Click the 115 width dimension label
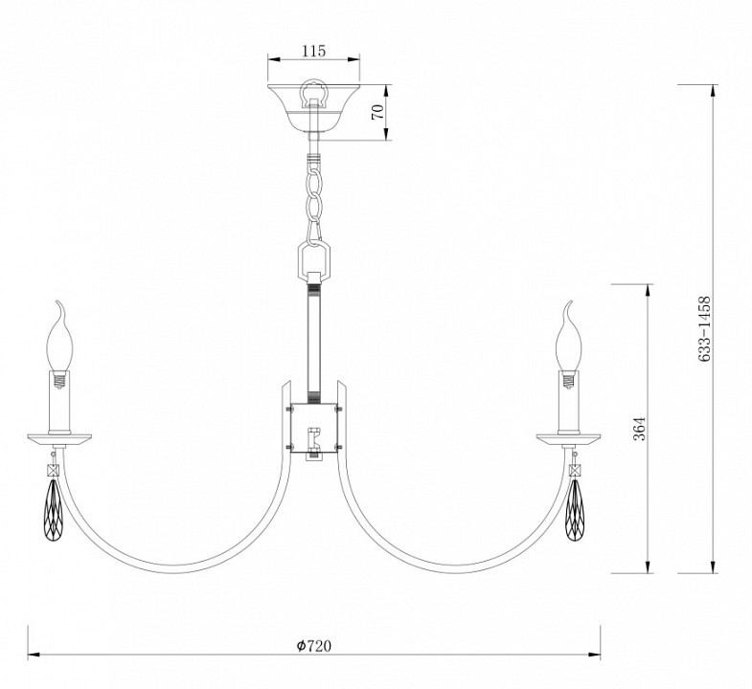point(313,51)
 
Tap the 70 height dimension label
point(378,112)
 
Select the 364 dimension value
point(640,429)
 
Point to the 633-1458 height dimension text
point(703,328)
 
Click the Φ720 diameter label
point(313,646)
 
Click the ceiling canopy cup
point(314,108)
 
